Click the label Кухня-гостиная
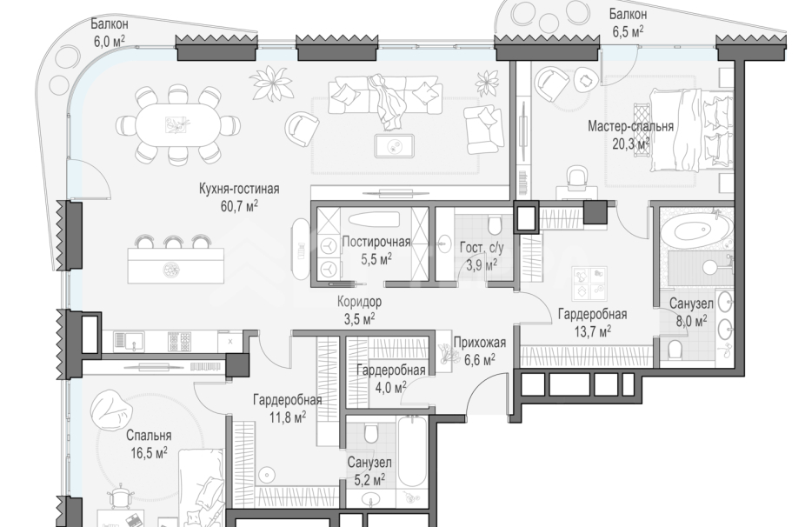[239, 189]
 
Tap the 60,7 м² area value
[239, 206]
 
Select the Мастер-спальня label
[630, 126]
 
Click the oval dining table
[177, 125]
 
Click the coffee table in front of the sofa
[395, 145]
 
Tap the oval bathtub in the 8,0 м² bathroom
[695, 230]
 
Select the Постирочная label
[376, 242]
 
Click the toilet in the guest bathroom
[495, 225]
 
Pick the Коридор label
[359, 302]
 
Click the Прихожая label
[480, 343]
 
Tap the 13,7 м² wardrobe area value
[593, 330]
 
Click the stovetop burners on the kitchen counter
[180, 342]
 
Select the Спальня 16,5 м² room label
[149, 444]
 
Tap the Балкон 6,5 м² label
[628, 23]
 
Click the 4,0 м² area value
[390, 387]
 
